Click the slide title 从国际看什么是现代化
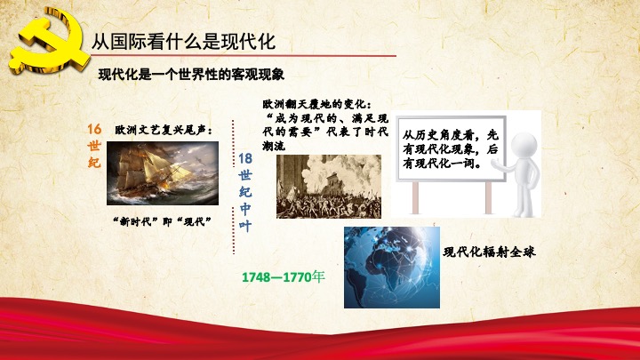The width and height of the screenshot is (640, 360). coord(183,42)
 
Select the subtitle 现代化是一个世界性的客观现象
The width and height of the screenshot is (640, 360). coord(191,75)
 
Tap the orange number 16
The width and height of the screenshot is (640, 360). coord(94,129)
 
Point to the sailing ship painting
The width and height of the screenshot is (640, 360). coord(163,173)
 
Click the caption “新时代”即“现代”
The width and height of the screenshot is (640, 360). coord(162,221)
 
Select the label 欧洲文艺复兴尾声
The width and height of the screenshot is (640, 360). coord(164,130)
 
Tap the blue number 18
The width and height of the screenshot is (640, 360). coord(245,158)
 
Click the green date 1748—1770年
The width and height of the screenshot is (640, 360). coord(284,276)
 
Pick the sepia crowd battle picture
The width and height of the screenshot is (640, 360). coord(329,186)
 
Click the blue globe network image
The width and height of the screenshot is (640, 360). coord(392,268)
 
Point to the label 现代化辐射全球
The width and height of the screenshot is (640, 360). coord(489,252)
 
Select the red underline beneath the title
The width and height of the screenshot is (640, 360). coord(244,55)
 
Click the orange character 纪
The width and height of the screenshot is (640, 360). coord(94,162)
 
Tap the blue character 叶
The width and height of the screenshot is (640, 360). coord(245,226)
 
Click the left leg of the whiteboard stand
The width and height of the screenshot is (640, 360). coord(415,197)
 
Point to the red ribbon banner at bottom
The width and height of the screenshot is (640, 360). coord(320,330)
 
